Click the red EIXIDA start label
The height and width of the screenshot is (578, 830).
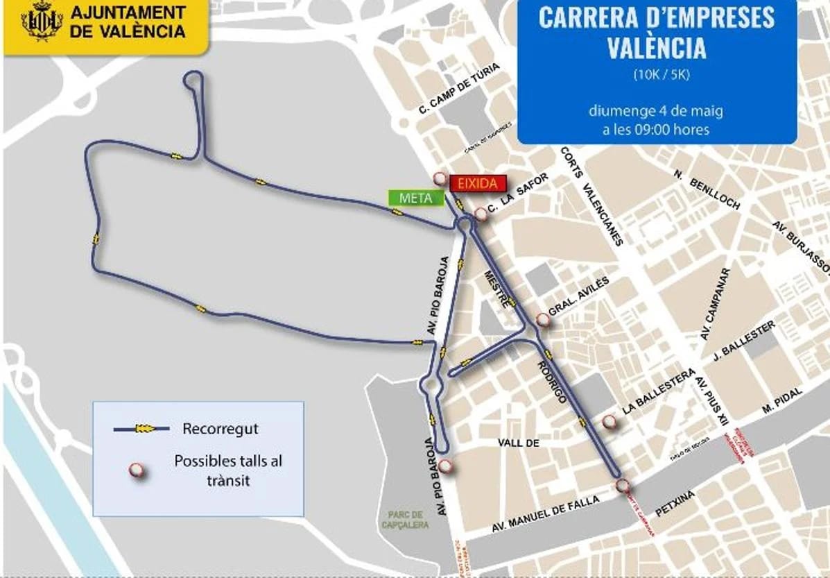pos(478,184)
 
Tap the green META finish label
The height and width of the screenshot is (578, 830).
pos(415,198)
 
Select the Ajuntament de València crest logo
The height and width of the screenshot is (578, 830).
pos(42,22)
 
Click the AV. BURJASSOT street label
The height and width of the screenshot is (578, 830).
pos(802,246)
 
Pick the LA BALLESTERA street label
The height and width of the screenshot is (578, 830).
pos(658,393)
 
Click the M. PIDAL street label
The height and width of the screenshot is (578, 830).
pos(781,400)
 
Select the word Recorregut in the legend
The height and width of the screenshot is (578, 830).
pos(220,429)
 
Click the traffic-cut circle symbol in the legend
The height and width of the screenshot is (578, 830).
pos(137,471)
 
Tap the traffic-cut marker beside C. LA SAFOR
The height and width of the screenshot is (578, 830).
pos(481,214)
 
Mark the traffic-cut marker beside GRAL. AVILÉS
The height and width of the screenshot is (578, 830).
pos(542,320)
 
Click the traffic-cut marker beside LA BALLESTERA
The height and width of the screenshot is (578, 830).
pos(609,421)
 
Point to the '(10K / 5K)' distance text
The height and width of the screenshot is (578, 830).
pos(656,74)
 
